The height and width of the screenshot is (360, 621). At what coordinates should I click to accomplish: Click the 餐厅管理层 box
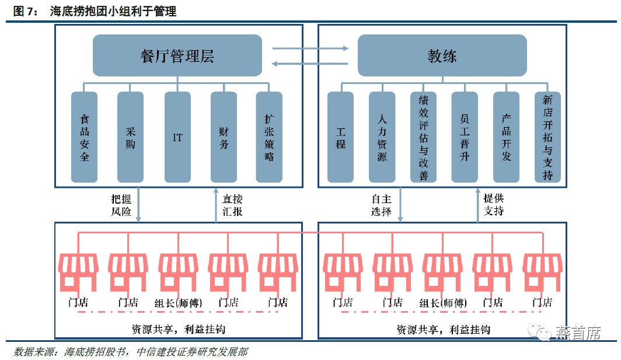coord(177,55)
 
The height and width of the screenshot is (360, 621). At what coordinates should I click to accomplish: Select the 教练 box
coord(442,55)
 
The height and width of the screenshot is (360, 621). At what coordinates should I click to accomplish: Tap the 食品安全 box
coord(84,137)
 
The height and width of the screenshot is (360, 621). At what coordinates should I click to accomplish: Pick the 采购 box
coord(130,137)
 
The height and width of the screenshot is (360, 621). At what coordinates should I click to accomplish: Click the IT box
coord(177,137)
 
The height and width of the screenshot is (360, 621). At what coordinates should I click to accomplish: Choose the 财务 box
coord(224,137)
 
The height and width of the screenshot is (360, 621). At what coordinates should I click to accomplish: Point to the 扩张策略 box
coord(269,137)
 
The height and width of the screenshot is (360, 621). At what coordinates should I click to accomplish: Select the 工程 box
coord(340,137)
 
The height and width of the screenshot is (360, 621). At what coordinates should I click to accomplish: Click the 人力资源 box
coord(382,137)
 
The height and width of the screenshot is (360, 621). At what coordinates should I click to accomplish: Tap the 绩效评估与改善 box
coord(423,137)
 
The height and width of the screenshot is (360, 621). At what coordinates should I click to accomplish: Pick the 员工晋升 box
coord(465,137)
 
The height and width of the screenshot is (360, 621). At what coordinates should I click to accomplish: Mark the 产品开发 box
coord(506,137)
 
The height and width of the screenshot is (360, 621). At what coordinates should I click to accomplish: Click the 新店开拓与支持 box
coord(547,137)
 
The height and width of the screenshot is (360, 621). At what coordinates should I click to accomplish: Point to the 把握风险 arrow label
coord(121,204)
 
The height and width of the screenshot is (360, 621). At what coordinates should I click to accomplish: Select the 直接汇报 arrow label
coord(232,204)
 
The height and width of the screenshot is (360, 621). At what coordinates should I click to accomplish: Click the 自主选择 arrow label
coord(381,204)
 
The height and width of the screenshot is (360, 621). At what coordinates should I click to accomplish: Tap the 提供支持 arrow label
coord(494,204)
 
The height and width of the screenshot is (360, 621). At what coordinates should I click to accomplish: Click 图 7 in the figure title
coord(24,11)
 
